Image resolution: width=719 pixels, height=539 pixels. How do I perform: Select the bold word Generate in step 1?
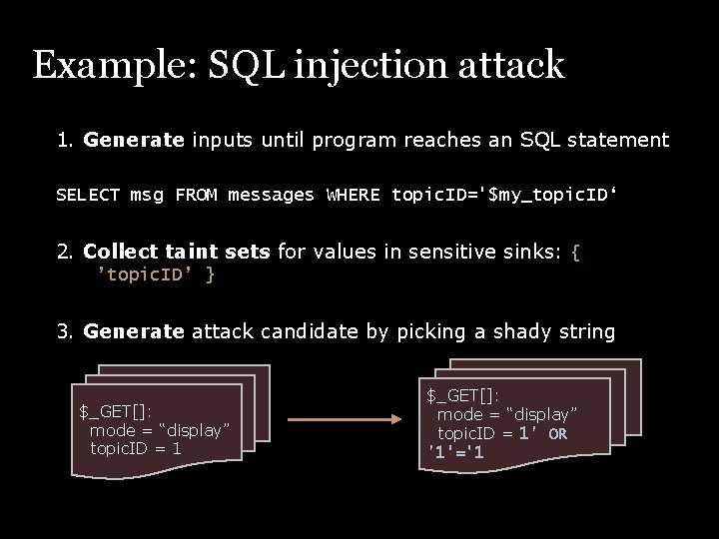point(134,140)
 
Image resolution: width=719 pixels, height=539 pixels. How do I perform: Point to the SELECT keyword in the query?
point(88,195)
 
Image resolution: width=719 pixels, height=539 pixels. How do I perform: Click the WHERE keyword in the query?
point(354,195)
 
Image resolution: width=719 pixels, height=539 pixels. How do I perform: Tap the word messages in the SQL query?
point(271,195)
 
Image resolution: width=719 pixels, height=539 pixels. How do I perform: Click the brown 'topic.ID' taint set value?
point(146,273)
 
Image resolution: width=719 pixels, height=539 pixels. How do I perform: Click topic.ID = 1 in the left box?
point(136,448)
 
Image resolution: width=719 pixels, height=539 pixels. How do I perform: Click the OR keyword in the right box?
point(557,434)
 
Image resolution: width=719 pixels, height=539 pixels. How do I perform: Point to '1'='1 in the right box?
point(456,452)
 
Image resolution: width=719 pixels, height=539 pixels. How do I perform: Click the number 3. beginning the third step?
point(65,331)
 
